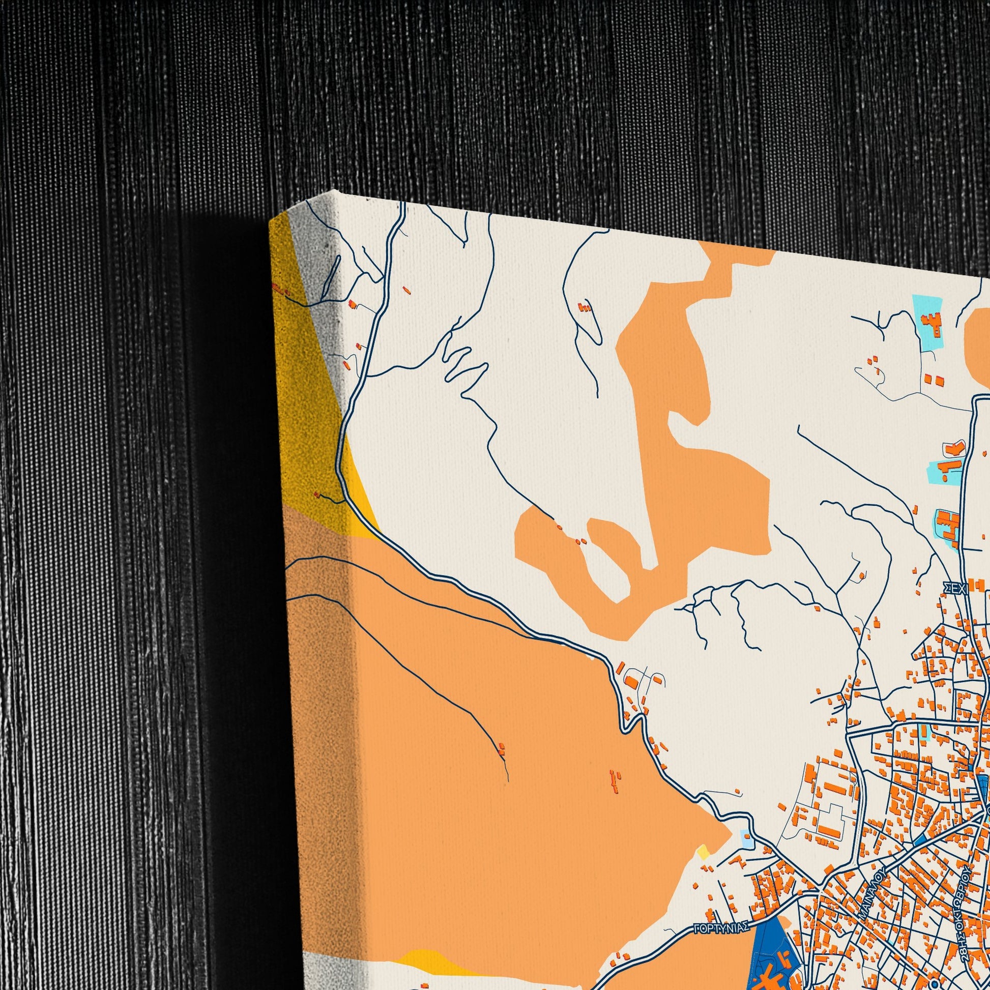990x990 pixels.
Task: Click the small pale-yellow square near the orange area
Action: point(703,852)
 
